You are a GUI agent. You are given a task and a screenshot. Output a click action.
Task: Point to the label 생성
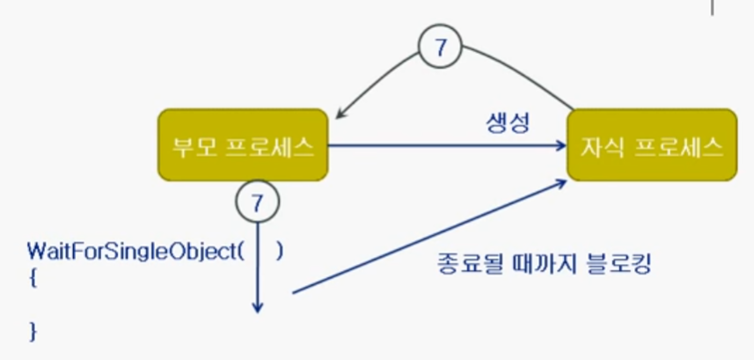coord(508,122)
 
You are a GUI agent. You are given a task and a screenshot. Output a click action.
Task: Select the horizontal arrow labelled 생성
coord(449,147)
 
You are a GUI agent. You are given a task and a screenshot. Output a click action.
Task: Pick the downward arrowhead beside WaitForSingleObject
coord(258,307)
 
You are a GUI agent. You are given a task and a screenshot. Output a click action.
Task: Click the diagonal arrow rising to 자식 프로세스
coord(422,237)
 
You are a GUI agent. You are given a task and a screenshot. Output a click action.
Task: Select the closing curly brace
coord(33,331)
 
